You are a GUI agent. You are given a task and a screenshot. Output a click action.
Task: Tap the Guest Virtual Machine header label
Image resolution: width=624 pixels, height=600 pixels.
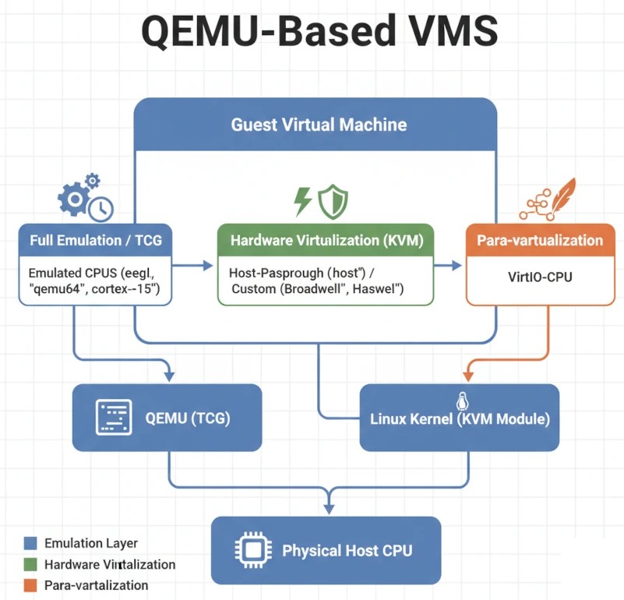[318, 125]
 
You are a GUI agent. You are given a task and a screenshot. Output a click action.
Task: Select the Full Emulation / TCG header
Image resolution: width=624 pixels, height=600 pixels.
[96, 240]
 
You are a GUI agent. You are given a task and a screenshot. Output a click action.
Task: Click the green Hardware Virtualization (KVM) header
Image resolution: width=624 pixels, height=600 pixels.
[326, 241]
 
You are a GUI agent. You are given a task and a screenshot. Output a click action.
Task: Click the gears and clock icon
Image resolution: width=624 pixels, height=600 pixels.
[85, 197]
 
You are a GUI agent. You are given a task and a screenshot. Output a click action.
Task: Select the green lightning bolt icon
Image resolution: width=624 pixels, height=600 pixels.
[303, 201]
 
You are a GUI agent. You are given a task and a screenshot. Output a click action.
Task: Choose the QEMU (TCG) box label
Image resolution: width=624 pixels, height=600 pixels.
[188, 418]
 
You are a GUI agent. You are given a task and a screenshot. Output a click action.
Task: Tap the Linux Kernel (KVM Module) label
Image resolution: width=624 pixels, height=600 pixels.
[460, 419]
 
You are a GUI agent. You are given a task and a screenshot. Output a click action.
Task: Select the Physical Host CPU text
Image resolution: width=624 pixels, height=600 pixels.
[347, 551]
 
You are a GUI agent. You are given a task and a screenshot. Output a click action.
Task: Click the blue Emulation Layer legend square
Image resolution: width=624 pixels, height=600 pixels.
[31, 543]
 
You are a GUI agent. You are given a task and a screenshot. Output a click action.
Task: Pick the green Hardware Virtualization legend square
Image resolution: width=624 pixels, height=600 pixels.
[31, 564]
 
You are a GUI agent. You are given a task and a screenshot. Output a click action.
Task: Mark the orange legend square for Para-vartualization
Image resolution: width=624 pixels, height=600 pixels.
[31, 584]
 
